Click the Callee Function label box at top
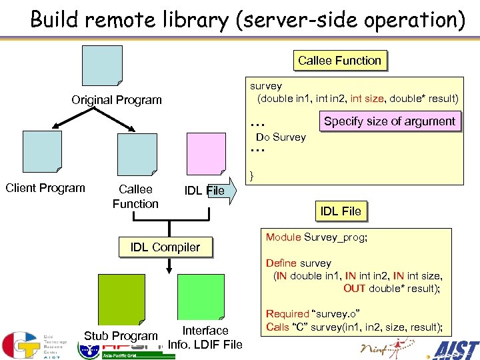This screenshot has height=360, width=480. (339, 61)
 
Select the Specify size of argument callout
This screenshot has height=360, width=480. (389, 121)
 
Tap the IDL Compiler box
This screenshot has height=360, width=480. (165, 247)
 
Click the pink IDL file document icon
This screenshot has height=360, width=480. (206, 153)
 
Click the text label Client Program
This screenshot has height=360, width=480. (45, 188)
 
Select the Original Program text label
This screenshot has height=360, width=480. (117, 100)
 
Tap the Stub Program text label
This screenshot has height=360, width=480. (121, 336)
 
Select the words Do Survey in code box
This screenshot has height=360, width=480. (281, 137)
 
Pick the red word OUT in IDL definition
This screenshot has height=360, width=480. (353, 289)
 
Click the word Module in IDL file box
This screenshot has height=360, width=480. (283, 237)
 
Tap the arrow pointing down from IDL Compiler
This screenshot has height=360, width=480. (169, 265)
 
